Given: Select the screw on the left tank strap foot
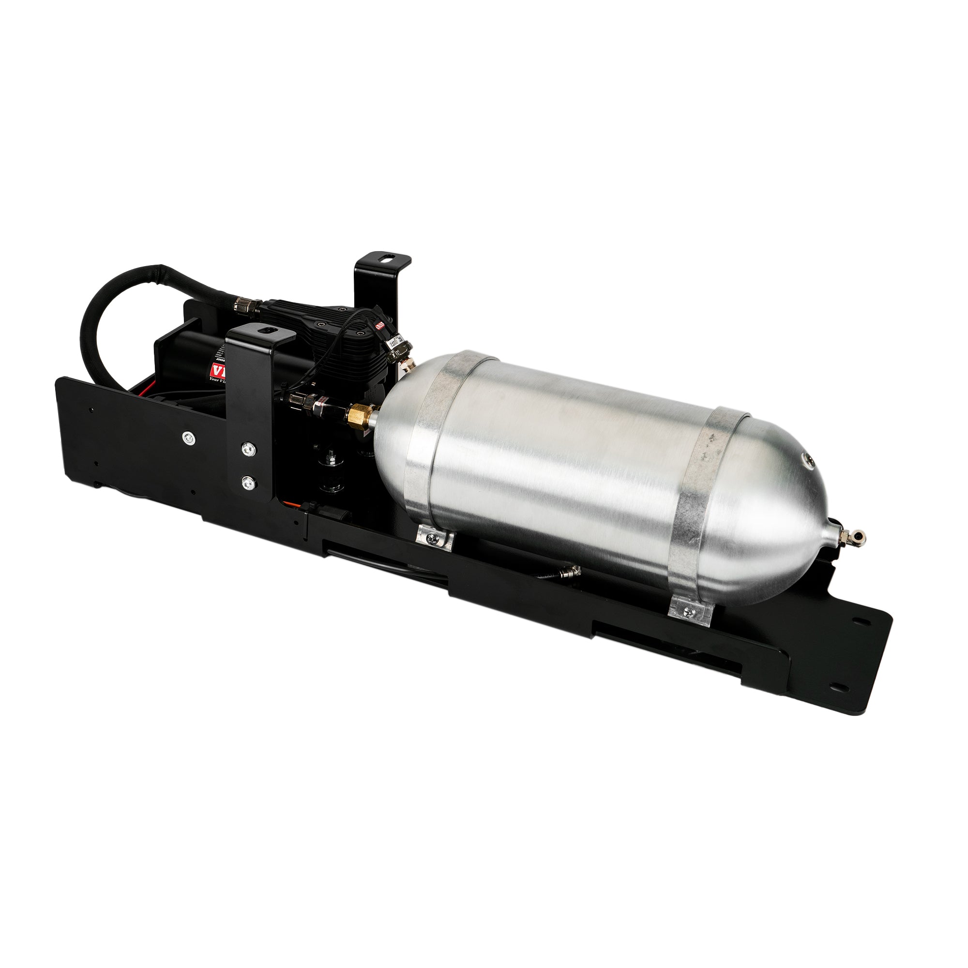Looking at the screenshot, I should click(x=432, y=538).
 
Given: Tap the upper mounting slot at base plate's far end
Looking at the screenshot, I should click(x=861, y=621).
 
